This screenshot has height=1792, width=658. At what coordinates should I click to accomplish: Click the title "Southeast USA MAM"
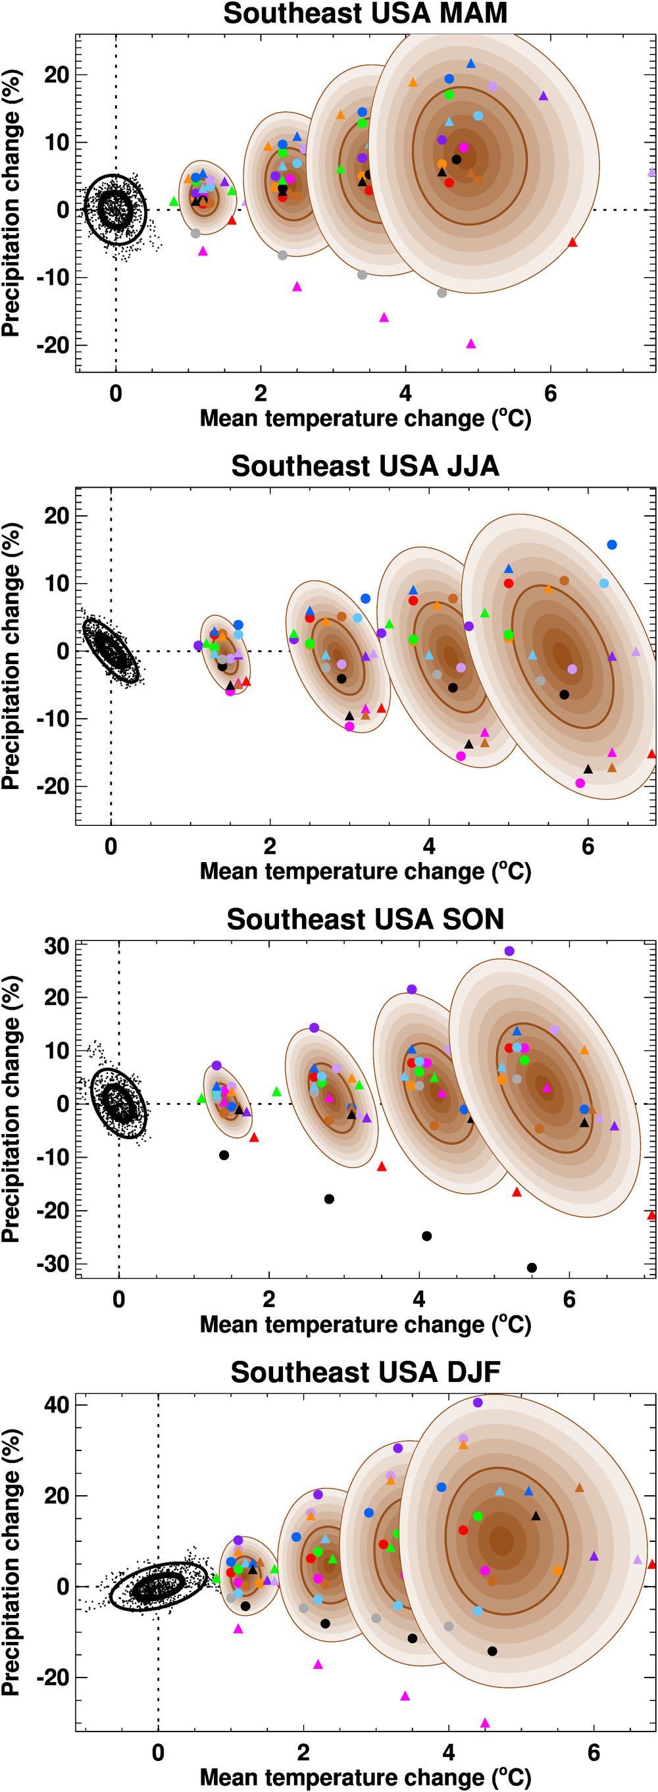pyautogui.click(x=365, y=14)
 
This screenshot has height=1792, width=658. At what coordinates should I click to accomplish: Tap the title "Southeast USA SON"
pyautogui.click(x=365, y=919)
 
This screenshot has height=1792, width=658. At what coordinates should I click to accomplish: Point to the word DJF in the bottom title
pyautogui.click(x=473, y=1373)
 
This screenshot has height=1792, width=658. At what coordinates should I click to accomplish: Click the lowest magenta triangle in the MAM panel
pyautogui.click(x=471, y=344)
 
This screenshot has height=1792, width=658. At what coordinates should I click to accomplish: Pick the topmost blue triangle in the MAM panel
pyautogui.click(x=471, y=63)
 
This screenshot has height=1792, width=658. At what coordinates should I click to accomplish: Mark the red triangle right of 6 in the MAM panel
pyautogui.click(x=572, y=243)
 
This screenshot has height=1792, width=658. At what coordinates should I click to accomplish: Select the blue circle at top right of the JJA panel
pyautogui.click(x=612, y=545)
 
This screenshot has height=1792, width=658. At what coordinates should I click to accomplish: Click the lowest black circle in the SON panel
pyautogui.click(x=532, y=1267)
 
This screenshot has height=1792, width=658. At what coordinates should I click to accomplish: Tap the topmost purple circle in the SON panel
pyautogui.click(x=509, y=951)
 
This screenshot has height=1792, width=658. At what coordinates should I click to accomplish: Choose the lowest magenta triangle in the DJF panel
pyautogui.click(x=485, y=1723)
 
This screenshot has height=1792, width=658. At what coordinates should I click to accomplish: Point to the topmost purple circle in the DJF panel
pyautogui.click(x=478, y=1402)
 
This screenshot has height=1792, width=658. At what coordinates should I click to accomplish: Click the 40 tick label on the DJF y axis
pyautogui.click(x=57, y=1404)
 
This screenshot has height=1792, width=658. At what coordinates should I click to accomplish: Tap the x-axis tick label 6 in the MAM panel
pyautogui.click(x=550, y=394)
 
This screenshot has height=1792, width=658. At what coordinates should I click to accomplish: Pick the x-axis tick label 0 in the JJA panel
pyautogui.click(x=111, y=846)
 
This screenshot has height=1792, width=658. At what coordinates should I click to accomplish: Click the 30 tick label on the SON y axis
pyautogui.click(x=57, y=946)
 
